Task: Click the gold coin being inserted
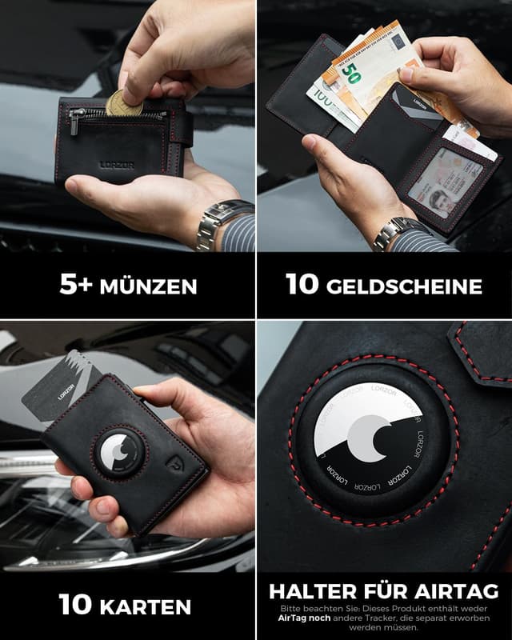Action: click(x=124, y=103)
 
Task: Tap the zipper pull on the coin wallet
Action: click(x=74, y=122)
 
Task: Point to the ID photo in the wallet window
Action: click(x=439, y=197)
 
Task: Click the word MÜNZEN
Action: click(x=148, y=286)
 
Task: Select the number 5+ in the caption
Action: click(x=78, y=286)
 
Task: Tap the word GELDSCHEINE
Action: click(x=407, y=286)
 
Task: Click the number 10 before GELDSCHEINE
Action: click(x=302, y=286)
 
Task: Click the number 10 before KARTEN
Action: click(x=76, y=606)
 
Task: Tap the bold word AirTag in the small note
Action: click(x=297, y=619)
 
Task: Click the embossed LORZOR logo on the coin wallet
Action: click(x=117, y=166)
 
